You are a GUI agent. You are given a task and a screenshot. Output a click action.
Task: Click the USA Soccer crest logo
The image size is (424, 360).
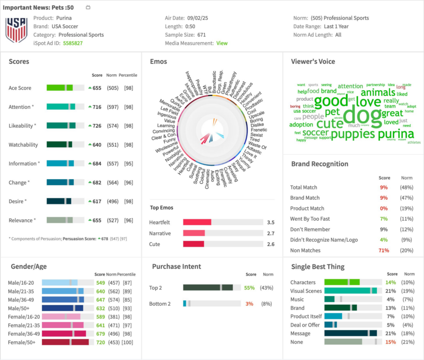click(16, 30)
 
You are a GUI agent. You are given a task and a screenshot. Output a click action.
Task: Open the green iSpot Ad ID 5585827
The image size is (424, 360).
click(72, 43)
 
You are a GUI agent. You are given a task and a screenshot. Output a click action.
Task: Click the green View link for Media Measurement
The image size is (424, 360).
click(222, 43)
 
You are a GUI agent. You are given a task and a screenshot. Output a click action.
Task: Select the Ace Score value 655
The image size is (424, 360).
click(97, 88)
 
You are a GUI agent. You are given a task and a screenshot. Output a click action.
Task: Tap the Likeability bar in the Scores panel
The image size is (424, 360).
click(65, 126)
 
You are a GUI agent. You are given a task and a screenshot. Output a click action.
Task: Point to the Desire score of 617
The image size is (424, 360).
click(97, 202)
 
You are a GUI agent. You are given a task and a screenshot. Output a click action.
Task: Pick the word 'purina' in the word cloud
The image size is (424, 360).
click(396, 134)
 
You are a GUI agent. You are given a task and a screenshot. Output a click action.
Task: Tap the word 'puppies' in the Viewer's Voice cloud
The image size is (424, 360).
click(353, 134)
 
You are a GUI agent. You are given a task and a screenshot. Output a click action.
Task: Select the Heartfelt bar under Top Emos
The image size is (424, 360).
click(197, 222)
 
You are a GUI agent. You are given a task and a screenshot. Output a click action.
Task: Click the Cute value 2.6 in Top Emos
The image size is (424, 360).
click(271, 244)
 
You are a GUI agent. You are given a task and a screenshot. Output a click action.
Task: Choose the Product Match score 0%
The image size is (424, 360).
click(384, 209)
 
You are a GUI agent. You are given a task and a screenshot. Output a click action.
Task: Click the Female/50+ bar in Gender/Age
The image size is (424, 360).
click(65, 342)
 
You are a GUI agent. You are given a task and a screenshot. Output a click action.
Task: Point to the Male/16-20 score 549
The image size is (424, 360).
click(100, 283)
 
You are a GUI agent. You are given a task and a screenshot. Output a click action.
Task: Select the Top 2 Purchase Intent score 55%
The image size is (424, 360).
click(249, 288)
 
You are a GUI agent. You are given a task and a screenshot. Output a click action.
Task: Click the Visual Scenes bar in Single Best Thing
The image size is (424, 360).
click(350, 291)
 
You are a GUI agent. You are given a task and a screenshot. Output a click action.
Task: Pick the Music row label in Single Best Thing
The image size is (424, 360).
click(297, 299)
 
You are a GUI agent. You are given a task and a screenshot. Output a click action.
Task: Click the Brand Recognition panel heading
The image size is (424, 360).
click(320, 164)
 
